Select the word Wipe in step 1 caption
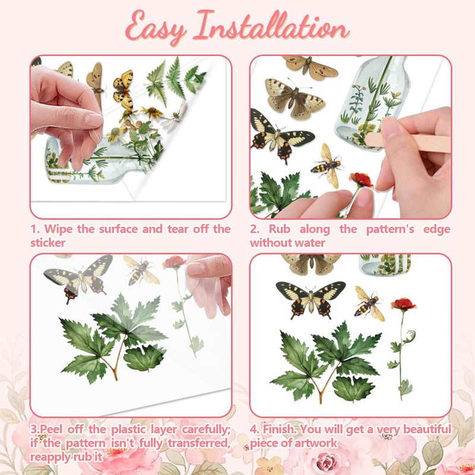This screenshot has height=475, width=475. pyautogui.click(x=58, y=229)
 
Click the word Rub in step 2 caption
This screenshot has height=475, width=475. pyautogui.click(x=279, y=229)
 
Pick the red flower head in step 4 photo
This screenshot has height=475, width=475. pyautogui.click(x=403, y=304)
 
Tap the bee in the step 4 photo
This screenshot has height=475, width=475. pyautogui.click(x=369, y=304)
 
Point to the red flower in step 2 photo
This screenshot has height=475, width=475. pyautogui.click(x=361, y=180)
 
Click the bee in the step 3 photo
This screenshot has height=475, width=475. pyautogui.click(x=140, y=270)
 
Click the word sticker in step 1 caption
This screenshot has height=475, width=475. pyautogui.click(x=47, y=243)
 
